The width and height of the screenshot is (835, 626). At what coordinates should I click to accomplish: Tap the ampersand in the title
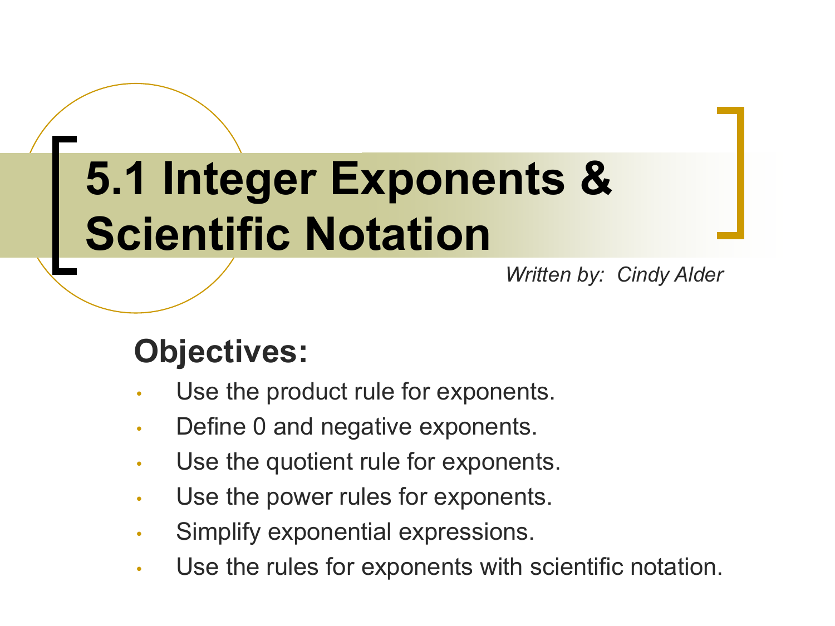click(596, 178)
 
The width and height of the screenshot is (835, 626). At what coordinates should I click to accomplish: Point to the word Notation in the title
click(397, 234)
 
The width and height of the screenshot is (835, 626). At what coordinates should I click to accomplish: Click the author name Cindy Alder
click(670, 275)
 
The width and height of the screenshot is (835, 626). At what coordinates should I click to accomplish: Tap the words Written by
click(554, 275)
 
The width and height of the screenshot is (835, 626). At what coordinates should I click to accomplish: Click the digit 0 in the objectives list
click(259, 426)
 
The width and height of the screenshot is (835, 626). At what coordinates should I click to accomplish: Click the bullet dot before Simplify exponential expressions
click(139, 534)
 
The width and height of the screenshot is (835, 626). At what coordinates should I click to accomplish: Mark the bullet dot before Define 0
click(139, 428)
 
